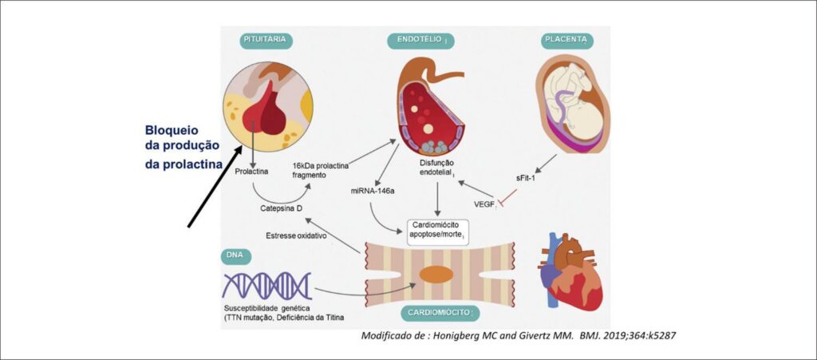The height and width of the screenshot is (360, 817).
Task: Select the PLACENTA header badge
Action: [567, 40]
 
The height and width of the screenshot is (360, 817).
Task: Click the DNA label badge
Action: [235, 256]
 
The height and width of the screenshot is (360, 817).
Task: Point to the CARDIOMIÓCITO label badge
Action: [440, 313]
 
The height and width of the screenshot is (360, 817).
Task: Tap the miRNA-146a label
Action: [373, 191]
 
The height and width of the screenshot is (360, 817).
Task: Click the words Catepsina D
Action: [282, 208]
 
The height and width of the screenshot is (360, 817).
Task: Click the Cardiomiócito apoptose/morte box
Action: [436, 231]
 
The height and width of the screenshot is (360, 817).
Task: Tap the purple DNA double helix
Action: [266, 286]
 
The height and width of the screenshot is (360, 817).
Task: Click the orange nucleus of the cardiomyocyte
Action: [436, 275]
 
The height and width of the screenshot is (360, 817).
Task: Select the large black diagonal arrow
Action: [215, 187]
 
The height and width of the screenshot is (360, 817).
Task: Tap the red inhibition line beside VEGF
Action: [507, 199]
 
